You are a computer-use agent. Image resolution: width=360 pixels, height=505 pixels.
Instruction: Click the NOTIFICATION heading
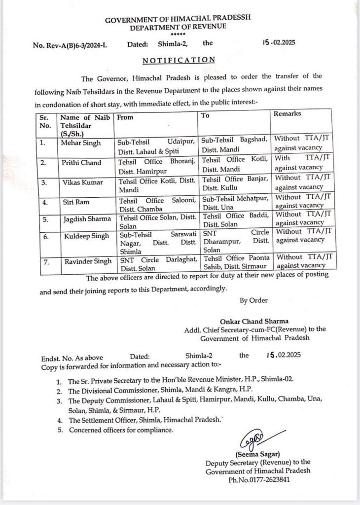pyautogui.click(x=179, y=60)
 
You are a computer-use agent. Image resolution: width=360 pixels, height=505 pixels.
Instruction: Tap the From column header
pyautogui.click(x=125, y=118)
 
